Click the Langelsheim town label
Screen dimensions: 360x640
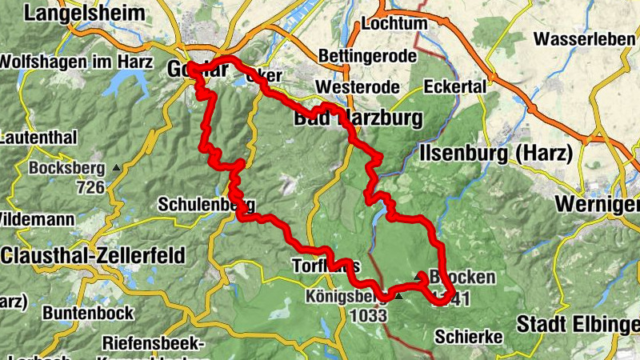click(x=85, y=13)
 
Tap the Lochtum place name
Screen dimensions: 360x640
click(x=394, y=23)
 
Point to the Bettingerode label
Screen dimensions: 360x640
click(x=367, y=56)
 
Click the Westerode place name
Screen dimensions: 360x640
click(x=353, y=86)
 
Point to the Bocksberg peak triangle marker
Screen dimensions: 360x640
click(x=117, y=168)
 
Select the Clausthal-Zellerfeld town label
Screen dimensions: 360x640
click(x=93, y=255)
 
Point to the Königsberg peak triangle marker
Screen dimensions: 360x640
click(x=398, y=297)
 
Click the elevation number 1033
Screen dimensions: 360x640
click(x=368, y=316)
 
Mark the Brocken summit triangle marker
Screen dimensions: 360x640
click(x=419, y=276)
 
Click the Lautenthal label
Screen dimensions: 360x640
click(x=35, y=138)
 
